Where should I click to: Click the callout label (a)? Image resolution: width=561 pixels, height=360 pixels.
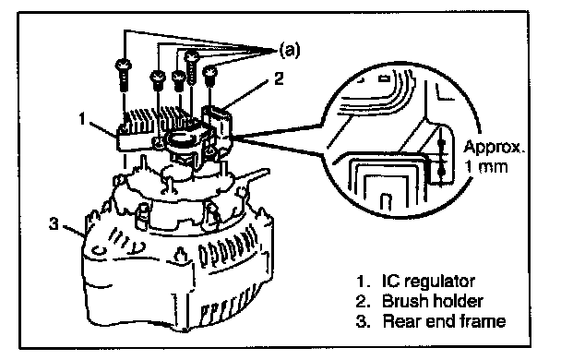pos(290,50)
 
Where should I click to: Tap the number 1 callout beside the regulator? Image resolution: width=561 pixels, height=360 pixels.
pos(83,119)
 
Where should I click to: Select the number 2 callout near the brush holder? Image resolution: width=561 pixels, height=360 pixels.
pos(279,78)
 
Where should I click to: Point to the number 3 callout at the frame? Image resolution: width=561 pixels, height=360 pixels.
pos(54,224)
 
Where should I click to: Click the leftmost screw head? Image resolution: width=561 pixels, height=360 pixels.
pos(124,65)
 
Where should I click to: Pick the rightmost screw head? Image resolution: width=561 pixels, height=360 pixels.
pos(210,72)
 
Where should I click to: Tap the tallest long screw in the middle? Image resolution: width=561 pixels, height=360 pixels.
pos(191,67)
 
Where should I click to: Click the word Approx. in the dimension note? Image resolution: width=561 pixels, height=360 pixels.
pos(494,148)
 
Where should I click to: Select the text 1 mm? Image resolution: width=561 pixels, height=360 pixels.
pos(486,167)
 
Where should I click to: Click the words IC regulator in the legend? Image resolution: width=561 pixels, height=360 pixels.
pos(429,282)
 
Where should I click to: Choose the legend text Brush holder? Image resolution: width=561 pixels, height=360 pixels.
pos(433,301)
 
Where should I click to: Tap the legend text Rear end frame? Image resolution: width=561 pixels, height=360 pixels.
pos(444,321)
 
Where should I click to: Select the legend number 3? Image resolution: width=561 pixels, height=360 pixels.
pos(362,321)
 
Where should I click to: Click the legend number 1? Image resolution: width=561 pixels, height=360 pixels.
pos(362,282)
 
